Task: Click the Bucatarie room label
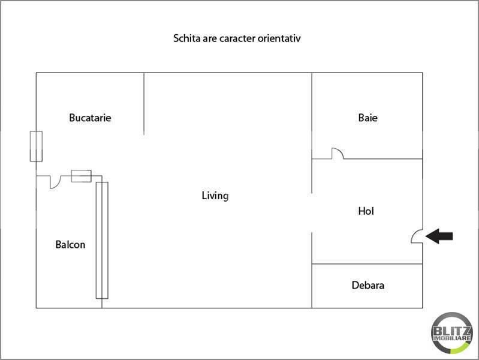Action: click(90, 118)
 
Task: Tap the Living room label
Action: click(215, 196)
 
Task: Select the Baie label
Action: click(368, 118)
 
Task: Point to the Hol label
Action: click(366, 211)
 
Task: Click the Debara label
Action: click(368, 285)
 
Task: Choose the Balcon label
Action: click(70, 245)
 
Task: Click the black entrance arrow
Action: click(439, 236)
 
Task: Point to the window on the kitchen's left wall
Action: click(36, 146)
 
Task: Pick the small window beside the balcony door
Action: click(82, 176)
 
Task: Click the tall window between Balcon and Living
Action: click(102, 241)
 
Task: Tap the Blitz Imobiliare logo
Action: click(452, 333)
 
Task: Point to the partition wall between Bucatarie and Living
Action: click(144, 104)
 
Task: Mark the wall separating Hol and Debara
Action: click(367, 263)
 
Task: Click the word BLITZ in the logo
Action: click(452, 331)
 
